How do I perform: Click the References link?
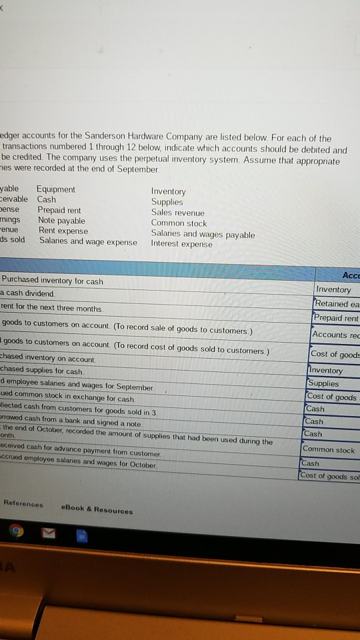23,504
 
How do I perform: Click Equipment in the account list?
56,189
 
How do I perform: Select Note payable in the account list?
61,221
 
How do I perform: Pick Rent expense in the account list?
63,231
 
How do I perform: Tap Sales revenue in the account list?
178,212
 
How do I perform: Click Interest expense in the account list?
182,244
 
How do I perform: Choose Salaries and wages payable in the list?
203,234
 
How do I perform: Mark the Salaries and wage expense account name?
88,241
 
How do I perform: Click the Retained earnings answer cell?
337,304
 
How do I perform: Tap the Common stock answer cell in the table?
329,450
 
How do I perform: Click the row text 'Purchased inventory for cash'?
53,281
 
